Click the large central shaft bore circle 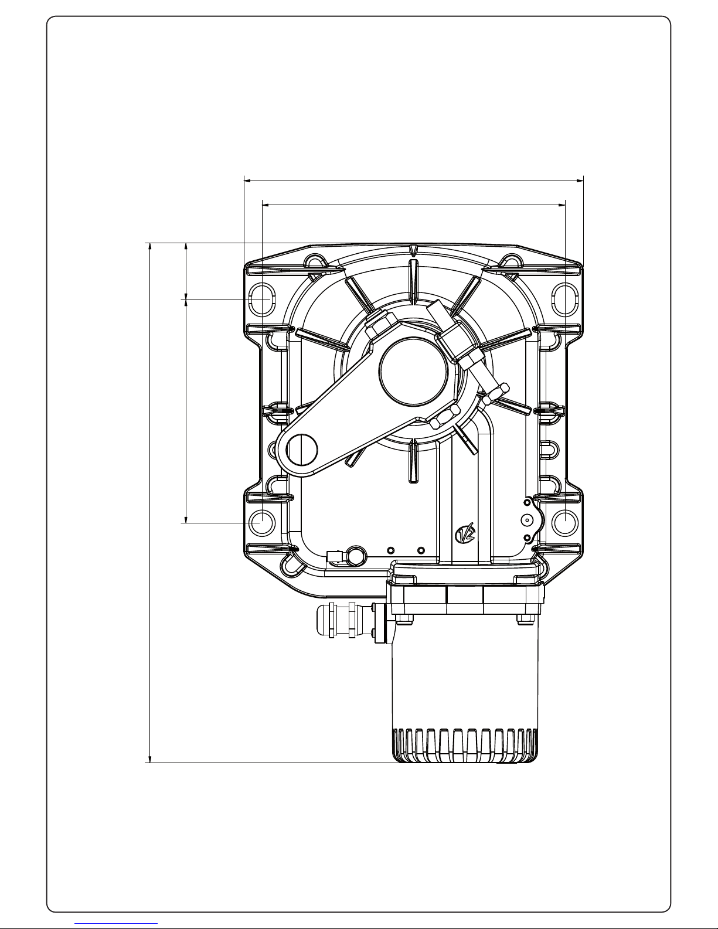click(413, 372)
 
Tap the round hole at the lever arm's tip click(302, 450)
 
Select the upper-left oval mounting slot click(261, 300)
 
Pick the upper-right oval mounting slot click(565, 300)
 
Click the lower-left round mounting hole click(261, 522)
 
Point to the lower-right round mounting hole click(565, 522)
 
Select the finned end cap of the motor click(465, 745)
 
